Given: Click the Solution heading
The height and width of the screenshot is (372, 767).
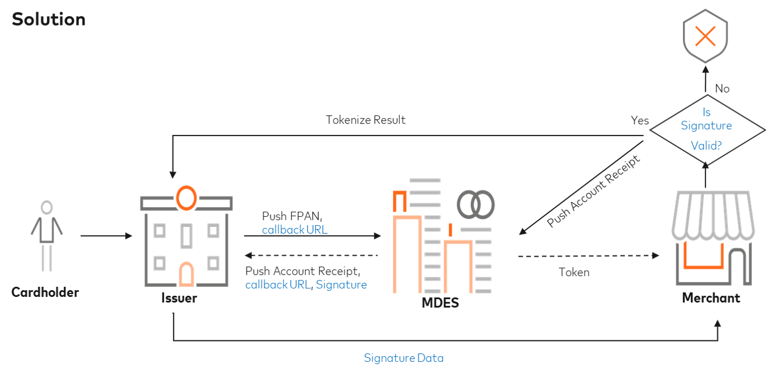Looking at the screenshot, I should pyautogui.click(x=49, y=19).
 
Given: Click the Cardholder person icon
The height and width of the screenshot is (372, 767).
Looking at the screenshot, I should pyautogui.click(x=47, y=236).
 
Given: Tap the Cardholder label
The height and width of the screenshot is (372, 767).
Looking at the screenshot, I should pyautogui.click(x=45, y=292).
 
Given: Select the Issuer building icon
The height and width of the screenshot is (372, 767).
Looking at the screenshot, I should pyautogui.click(x=186, y=240).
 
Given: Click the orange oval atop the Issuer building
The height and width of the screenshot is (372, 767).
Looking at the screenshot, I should pyautogui.click(x=186, y=197).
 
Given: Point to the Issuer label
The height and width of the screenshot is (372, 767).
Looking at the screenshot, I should pyautogui.click(x=179, y=297).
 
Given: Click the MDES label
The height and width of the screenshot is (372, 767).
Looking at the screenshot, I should pyautogui.click(x=440, y=303).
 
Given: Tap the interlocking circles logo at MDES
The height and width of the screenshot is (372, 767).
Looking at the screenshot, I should pyautogui.click(x=476, y=204).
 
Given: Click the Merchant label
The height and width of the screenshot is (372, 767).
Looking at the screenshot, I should pyautogui.click(x=711, y=297).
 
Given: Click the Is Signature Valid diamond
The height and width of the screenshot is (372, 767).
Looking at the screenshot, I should pyautogui.click(x=706, y=129).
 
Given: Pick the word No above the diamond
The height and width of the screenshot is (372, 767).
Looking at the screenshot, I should pyautogui.click(x=722, y=89).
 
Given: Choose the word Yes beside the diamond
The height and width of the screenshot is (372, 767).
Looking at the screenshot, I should pyautogui.click(x=640, y=121).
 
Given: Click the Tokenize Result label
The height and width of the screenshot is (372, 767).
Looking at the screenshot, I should pyautogui.click(x=365, y=120).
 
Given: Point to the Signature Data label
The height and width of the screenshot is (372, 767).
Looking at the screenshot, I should pyautogui.click(x=403, y=358).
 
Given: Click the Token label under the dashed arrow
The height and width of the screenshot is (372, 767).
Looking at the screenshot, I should pyautogui.click(x=574, y=273).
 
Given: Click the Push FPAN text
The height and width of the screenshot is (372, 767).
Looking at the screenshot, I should pyautogui.click(x=292, y=217).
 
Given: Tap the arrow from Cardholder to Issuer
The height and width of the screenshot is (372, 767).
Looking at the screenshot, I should pyautogui.click(x=106, y=236).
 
